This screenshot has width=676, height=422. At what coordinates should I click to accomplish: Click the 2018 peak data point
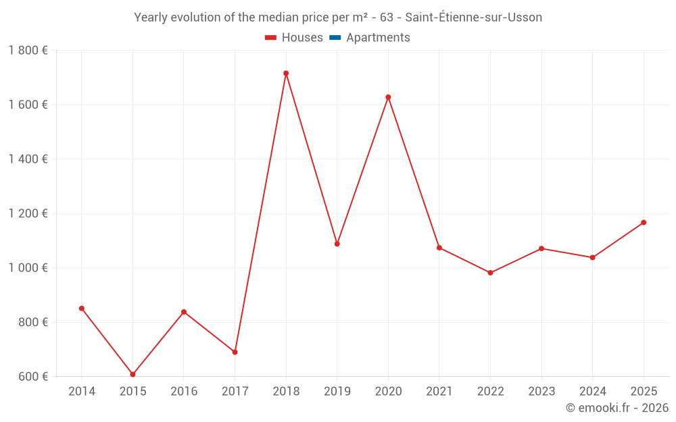pos(286,73)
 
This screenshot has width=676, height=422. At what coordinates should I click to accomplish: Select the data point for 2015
pos(132,374)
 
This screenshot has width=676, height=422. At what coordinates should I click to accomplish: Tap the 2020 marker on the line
pos(388,97)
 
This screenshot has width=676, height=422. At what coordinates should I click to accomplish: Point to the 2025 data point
pos(644,222)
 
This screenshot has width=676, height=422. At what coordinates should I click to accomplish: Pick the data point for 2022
pos(490,273)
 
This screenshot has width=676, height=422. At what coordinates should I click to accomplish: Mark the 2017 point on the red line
pos(235,352)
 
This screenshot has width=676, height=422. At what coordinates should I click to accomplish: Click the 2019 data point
pos(337,244)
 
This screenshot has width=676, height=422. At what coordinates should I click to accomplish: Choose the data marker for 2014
pos(82,309)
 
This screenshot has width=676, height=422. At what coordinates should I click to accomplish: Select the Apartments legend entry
pos(378,38)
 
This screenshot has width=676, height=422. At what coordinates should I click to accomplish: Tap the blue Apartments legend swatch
pos(335,38)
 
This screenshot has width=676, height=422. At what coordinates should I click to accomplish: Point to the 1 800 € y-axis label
pos(28,51)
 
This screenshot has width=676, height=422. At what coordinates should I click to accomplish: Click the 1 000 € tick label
pos(28,268)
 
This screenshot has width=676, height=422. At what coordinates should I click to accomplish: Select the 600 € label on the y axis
pos(32,376)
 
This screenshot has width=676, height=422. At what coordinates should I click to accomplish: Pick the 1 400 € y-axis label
pos(28,159)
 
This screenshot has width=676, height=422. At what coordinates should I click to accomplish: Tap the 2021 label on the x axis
pos(439,391)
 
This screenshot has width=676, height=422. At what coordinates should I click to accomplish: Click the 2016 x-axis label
pos(184,391)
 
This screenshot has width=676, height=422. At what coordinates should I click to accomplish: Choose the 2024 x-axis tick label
pos(592,391)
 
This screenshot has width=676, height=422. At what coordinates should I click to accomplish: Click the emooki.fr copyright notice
pos(617,408)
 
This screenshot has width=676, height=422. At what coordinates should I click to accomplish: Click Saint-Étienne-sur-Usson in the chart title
pos(473,18)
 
